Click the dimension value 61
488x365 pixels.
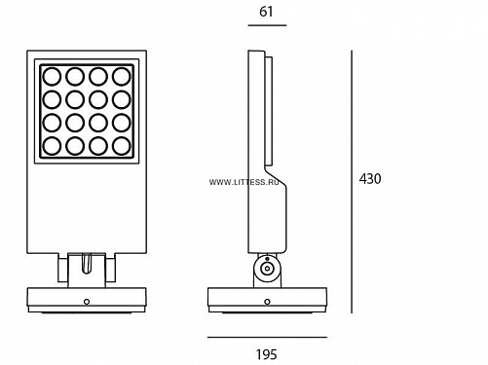(x=266, y=12)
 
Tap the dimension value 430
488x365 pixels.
(x=370, y=179)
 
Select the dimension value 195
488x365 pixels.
(x=267, y=354)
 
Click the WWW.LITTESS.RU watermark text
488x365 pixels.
(x=244, y=182)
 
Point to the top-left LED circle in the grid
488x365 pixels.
(x=52, y=76)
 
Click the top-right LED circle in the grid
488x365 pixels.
(x=122, y=76)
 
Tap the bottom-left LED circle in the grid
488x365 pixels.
(x=52, y=146)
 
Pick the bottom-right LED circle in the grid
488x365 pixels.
(x=122, y=146)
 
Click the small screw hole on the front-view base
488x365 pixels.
(x=87, y=302)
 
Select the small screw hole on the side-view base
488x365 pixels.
(x=267, y=302)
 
